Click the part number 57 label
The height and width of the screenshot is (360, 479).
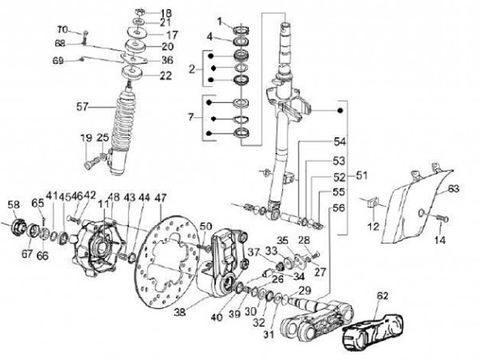click(x=82, y=106)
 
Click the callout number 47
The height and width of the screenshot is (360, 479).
click(x=160, y=198)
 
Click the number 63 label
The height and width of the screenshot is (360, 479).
click(x=453, y=189)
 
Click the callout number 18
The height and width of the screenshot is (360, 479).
click(x=166, y=13)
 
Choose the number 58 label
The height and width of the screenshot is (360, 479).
click(x=13, y=204)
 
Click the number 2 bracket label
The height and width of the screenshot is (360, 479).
click(x=192, y=69)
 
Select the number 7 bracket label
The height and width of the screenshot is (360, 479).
click(x=192, y=118)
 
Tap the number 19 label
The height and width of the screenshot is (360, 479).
click(x=86, y=138)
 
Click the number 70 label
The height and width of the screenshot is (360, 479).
click(x=62, y=29)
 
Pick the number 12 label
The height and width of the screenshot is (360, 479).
click(x=373, y=227)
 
